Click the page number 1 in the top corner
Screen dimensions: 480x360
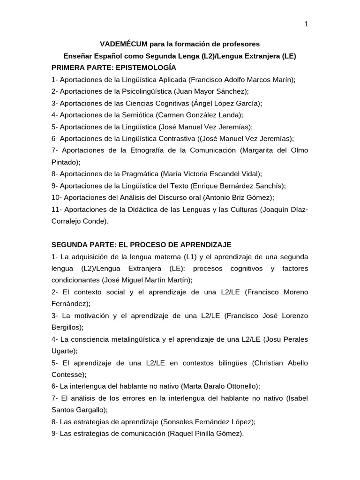tap(306, 24)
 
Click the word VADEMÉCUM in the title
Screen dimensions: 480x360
tap(123, 44)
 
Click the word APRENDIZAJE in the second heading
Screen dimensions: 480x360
tap(202, 245)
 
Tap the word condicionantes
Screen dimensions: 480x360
tap(75, 280)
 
